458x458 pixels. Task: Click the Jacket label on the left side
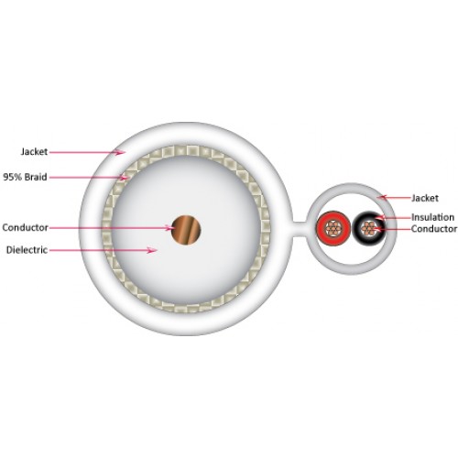34,151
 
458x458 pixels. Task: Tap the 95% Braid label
25,177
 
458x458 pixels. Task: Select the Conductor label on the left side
26,227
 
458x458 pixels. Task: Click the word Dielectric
27,250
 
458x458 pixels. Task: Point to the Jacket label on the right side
425,198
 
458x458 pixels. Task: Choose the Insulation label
432,217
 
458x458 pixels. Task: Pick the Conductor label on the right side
434,229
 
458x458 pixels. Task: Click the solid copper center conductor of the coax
186,230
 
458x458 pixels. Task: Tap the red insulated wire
333,228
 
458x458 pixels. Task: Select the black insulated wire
369,228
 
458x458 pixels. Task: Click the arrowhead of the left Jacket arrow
121,152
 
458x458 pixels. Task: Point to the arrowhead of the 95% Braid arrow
125,178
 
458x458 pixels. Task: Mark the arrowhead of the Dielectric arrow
152,250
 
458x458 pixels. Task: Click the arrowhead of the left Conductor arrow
169,228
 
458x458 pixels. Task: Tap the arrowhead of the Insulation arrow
379,217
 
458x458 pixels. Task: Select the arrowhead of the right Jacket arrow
381,197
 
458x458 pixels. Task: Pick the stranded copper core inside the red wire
333,228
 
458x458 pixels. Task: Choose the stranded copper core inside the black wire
368,228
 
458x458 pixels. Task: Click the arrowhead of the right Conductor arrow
376,229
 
